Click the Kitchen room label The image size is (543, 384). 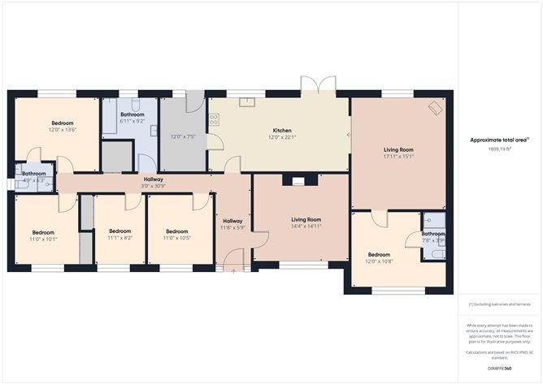point(281,130)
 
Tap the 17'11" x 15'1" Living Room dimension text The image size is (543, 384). point(398,157)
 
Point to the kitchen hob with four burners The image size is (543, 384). point(215,119)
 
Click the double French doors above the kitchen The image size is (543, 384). point(317,86)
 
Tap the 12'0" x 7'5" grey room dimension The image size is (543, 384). point(183,136)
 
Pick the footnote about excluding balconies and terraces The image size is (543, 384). point(499,304)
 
